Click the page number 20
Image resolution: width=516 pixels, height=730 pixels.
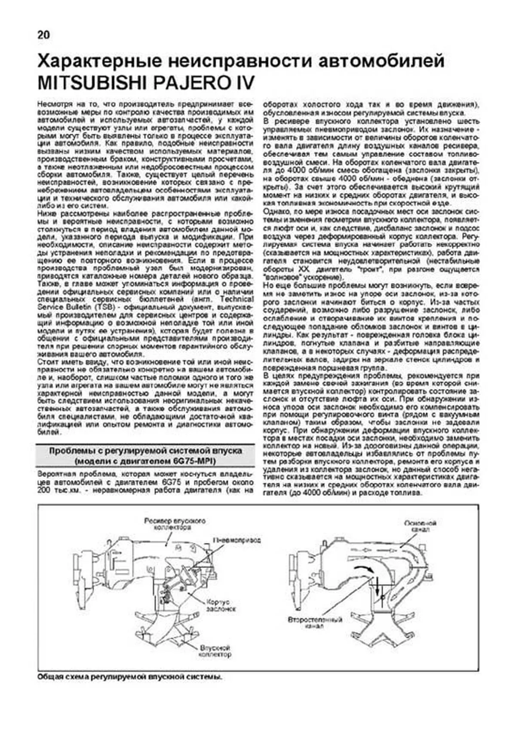pyautogui.click(x=44, y=35)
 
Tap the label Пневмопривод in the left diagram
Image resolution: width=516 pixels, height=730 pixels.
pyautogui.click(x=236, y=539)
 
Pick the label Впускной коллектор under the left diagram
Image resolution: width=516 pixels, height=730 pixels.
pyautogui.click(x=215, y=651)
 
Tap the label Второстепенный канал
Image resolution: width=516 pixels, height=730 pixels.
pyautogui.click(x=315, y=623)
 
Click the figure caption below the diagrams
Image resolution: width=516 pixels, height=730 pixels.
pyautogui.click(x=130, y=677)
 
